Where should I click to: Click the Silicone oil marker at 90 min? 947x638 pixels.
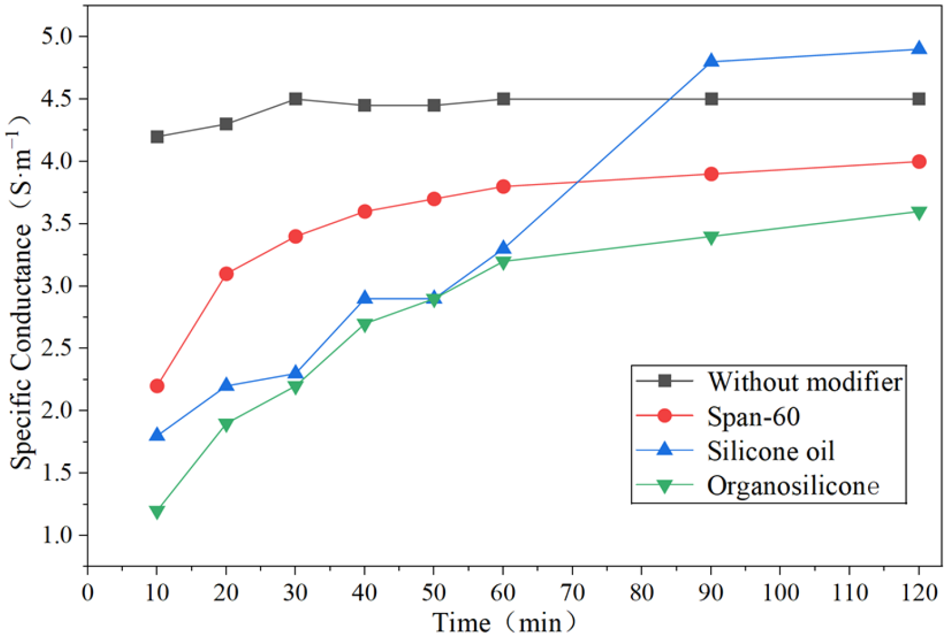(711, 61)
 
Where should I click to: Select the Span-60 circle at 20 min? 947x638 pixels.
(226, 274)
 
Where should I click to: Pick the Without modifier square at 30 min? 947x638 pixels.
(295, 99)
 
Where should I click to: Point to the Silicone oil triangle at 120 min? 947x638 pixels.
(919, 48)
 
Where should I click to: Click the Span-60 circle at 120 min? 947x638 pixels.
(919, 162)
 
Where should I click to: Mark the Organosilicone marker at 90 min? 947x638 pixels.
(711, 238)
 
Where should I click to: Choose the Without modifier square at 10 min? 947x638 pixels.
(157, 137)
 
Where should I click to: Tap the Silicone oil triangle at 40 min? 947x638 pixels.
(365, 297)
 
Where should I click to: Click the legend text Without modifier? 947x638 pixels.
(805, 382)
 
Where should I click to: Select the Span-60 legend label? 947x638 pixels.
(754, 417)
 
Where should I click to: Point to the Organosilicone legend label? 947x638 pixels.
(793, 486)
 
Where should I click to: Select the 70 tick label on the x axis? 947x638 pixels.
(573, 593)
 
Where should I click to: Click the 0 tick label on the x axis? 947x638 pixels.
(87, 593)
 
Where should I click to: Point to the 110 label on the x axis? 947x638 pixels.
(849, 593)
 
